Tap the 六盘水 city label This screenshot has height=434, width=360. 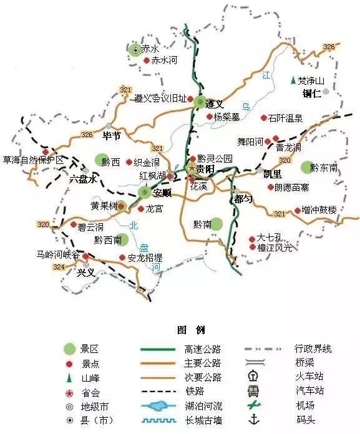click(x=84, y=178)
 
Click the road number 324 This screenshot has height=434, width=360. click(x=59, y=267)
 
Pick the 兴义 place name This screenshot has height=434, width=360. click(x=85, y=272)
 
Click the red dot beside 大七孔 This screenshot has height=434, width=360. click(x=251, y=238)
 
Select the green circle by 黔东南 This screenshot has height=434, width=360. click(x=305, y=166)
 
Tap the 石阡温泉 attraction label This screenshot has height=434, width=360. click(x=286, y=117)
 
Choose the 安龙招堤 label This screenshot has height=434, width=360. click(x=145, y=257)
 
